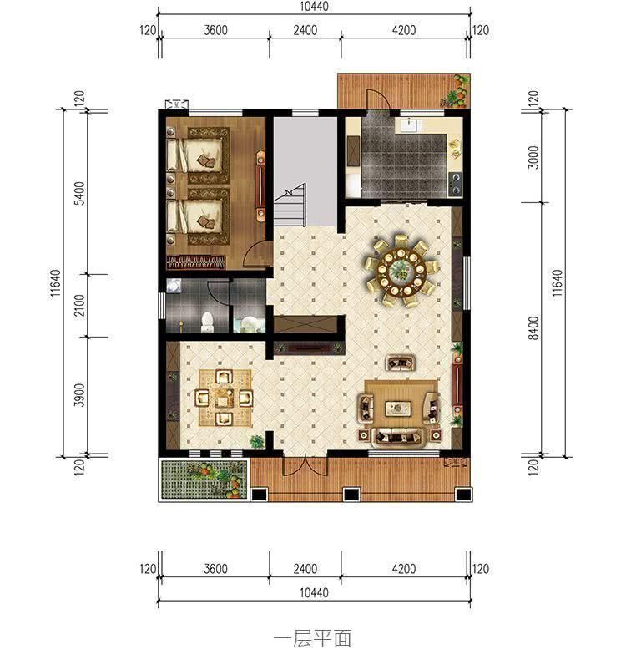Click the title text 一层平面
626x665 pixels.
312,639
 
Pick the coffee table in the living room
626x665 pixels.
399,409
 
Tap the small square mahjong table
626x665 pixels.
223,398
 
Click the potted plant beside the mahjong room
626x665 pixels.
257,439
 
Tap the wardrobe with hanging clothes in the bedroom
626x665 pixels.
197,261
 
